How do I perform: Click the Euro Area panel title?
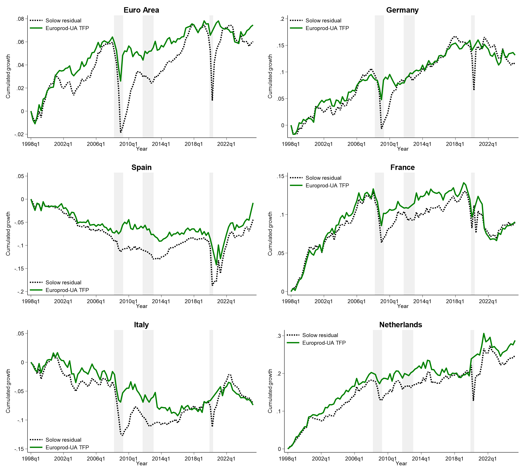coord(141,10)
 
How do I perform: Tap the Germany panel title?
coord(402,10)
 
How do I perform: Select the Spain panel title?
coord(141,167)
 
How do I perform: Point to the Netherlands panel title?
coord(400,325)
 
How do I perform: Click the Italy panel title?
coord(141,325)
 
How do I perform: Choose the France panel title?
coord(402,167)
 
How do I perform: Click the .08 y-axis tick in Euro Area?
coord(20,19)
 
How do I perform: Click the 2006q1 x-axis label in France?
coord(356,301)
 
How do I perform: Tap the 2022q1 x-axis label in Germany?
coord(488,144)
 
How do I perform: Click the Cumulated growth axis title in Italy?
coord(8,391)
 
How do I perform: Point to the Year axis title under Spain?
coord(141,306)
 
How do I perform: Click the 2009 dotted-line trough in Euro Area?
coord(121,132)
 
